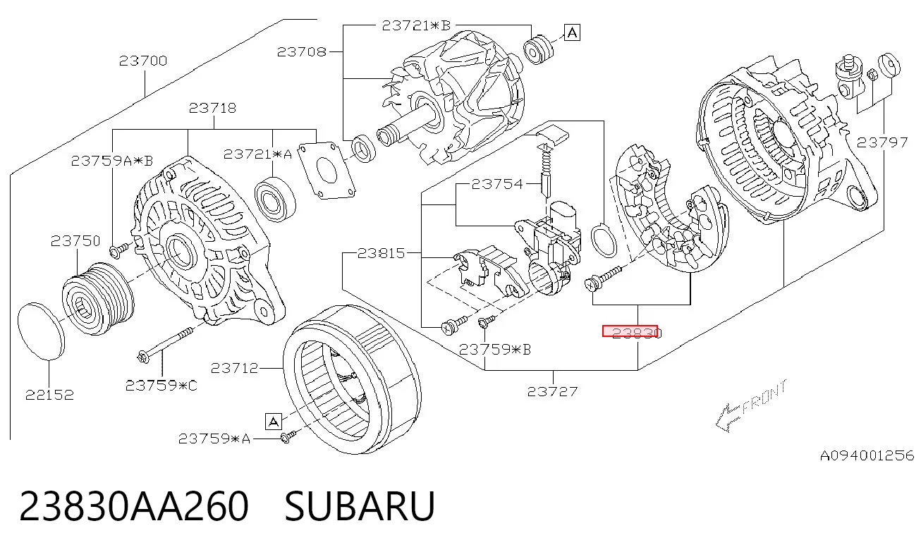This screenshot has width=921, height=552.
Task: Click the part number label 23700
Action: click(x=143, y=61)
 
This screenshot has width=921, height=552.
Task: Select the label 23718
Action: click(x=212, y=108)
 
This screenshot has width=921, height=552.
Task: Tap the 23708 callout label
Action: click(x=301, y=51)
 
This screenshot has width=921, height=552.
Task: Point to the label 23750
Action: click(x=75, y=241)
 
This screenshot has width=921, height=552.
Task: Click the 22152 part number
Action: click(x=49, y=395)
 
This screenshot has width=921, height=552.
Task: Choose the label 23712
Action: click(x=234, y=368)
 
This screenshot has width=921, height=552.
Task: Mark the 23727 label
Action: click(x=553, y=391)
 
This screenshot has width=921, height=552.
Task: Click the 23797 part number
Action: click(x=882, y=142)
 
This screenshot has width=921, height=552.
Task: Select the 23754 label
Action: click(x=497, y=184)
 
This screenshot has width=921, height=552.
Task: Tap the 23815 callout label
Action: click(x=382, y=253)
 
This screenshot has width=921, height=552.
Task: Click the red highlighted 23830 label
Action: click(x=630, y=331)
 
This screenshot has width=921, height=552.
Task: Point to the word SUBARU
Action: click(x=360, y=506)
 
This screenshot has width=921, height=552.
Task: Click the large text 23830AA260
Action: click(x=134, y=506)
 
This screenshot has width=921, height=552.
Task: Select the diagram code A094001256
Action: click(x=867, y=455)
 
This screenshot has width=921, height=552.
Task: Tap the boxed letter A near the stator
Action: click(x=274, y=422)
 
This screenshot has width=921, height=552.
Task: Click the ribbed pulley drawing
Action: click(x=98, y=298)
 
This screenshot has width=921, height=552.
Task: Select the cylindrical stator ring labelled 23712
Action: click(x=352, y=379)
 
